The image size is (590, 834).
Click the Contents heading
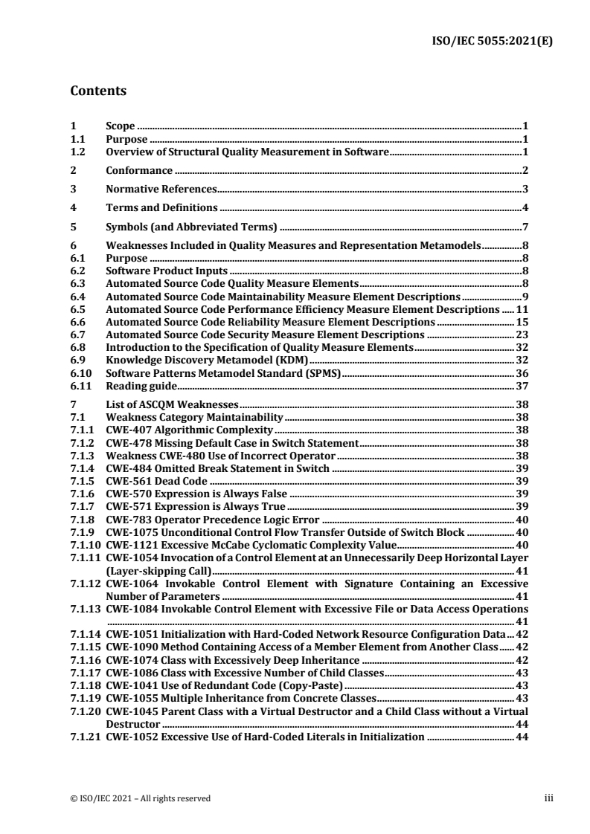pyautogui.click(x=97, y=92)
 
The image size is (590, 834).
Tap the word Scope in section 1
pyautogui.click(x=121, y=127)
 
